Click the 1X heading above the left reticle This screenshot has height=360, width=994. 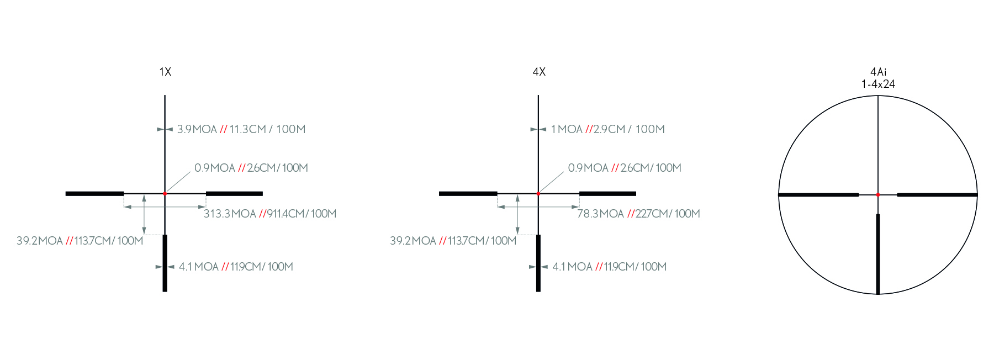165,72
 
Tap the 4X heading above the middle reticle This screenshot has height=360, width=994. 539,72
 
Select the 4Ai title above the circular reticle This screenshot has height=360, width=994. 878,72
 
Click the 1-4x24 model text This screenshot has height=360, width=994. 878,84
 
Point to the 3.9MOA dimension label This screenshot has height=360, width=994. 197,129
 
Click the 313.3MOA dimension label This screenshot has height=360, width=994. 230,214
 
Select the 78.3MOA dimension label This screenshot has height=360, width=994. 600,214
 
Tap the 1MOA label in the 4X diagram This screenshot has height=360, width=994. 567,129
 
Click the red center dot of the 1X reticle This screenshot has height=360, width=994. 165,194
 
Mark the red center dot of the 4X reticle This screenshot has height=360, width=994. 538,194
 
